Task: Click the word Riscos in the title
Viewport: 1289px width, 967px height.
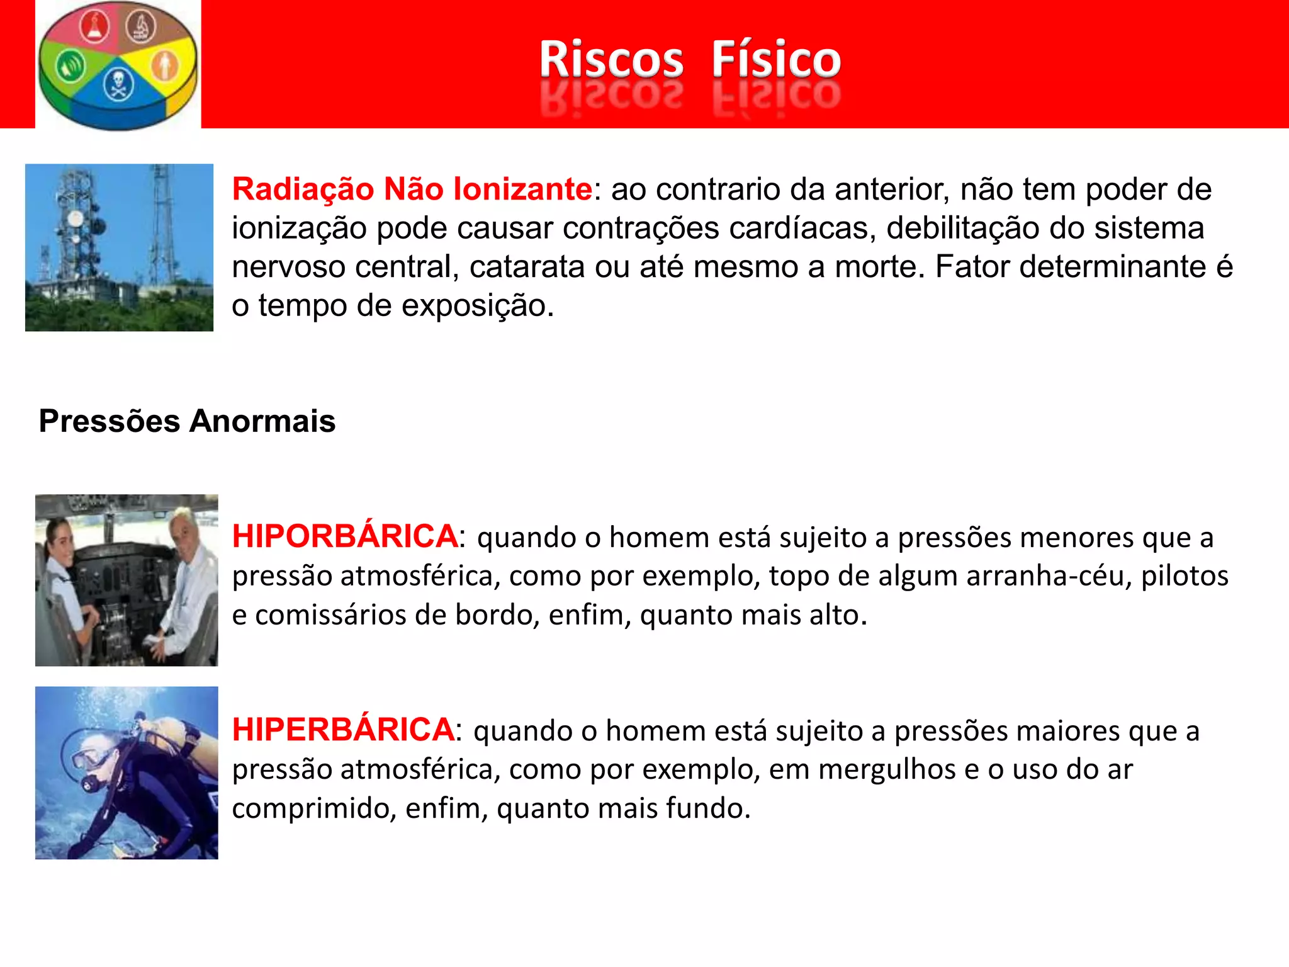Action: (611, 60)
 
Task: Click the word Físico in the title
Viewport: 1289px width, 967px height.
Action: (776, 60)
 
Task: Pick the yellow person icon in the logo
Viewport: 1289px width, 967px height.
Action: (166, 65)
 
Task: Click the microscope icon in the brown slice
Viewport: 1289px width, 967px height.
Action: (142, 26)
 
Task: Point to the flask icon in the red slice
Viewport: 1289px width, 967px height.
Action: (94, 26)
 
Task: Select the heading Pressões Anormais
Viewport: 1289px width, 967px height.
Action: (187, 421)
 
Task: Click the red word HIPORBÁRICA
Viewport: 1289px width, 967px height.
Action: (345, 536)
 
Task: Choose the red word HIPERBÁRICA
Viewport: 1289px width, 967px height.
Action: (343, 730)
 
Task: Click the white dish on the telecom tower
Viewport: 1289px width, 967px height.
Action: (76, 220)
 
